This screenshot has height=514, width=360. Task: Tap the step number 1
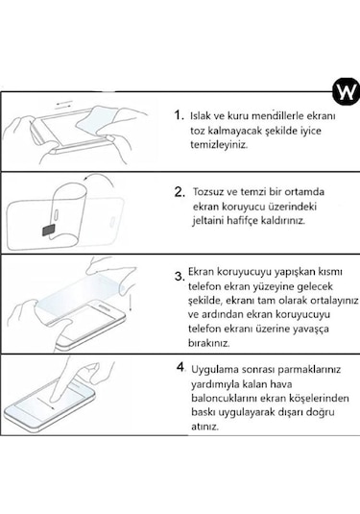coord(179,114)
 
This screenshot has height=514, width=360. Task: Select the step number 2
coord(179,191)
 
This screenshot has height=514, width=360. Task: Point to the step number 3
coord(179,278)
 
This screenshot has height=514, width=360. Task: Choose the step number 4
coord(180,368)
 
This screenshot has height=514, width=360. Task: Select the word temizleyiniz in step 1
coord(220,144)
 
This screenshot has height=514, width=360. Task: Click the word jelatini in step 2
coord(213,219)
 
